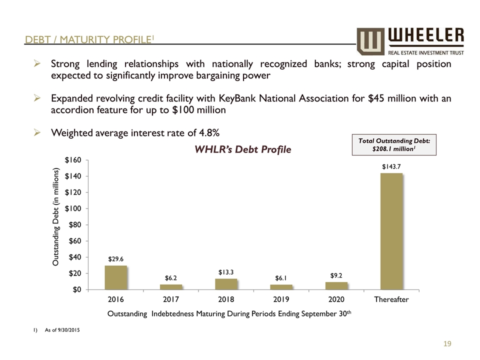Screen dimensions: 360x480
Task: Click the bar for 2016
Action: [x=115, y=277]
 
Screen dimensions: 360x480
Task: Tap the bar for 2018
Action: [x=226, y=284]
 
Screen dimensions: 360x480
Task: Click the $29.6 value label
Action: [x=115, y=259]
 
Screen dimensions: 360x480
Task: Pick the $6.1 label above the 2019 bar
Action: [x=281, y=278]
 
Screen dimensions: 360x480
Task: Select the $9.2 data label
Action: [x=336, y=275]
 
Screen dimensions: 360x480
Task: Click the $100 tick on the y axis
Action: [x=74, y=208]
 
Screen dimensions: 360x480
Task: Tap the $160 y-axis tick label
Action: [x=74, y=160]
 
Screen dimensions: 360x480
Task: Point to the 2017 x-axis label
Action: [x=171, y=299]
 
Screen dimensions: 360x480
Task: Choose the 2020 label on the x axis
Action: [x=336, y=299]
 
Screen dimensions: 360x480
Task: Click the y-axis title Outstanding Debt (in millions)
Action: [x=56, y=217]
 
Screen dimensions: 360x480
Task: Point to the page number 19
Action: [x=447, y=343]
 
